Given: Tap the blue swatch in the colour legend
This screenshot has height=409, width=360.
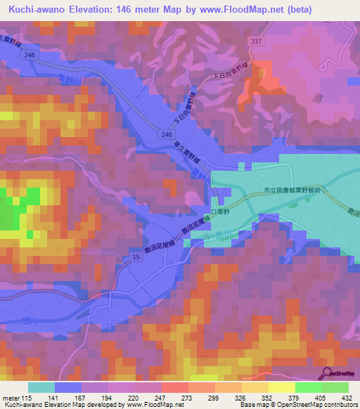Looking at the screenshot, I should tap(68, 387).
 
